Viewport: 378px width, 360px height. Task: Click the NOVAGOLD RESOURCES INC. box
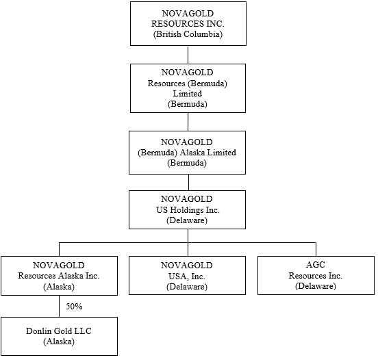point(188,24)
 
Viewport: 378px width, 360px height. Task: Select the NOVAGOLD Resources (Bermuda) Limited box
point(188,88)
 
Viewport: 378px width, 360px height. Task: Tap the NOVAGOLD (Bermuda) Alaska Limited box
point(187,153)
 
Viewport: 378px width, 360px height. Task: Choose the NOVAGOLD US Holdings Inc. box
point(187,209)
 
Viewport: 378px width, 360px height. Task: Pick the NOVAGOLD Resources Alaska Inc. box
point(59,276)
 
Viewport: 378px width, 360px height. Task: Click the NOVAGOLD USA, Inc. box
point(187,275)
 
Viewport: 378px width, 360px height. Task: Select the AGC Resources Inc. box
point(316,275)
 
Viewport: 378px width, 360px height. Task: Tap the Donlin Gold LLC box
point(59,336)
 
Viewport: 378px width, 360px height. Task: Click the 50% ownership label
point(74,306)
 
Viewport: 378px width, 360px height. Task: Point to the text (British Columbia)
point(188,34)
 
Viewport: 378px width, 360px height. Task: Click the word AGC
point(316,265)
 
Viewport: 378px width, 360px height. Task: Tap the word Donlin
point(37,331)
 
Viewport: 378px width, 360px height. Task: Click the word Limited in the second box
point(188,94)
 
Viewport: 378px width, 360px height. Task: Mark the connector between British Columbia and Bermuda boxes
point(188,55)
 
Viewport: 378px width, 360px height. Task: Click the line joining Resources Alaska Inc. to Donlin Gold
point(60,306)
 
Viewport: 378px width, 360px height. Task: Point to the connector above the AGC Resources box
point(316,249)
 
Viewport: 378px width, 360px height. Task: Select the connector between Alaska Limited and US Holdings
point(188,183)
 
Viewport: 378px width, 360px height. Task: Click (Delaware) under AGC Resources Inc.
point(316,286)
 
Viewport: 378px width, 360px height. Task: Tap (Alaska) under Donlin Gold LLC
point(59,342)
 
